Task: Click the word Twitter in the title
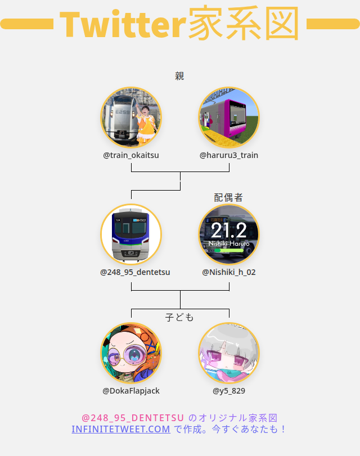coord(123,24)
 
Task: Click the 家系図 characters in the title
coord(243,24)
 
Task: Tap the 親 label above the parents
coord(179,76)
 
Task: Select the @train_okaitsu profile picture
coord(131,118)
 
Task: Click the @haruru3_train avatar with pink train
coord(229,118)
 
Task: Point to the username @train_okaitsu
coord(131,155)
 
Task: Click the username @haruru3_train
coord(229,155)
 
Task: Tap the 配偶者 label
coord(228,197)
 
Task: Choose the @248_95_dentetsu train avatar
coord(131,234)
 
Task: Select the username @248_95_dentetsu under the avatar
coord(135,272)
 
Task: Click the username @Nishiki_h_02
coord(229,272)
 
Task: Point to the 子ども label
coord(179,317)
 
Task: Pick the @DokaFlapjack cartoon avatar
coord(131,353)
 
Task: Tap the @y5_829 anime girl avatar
coord(229,353)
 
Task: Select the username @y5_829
coord(229,390)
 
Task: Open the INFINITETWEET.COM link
coord(121,429)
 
